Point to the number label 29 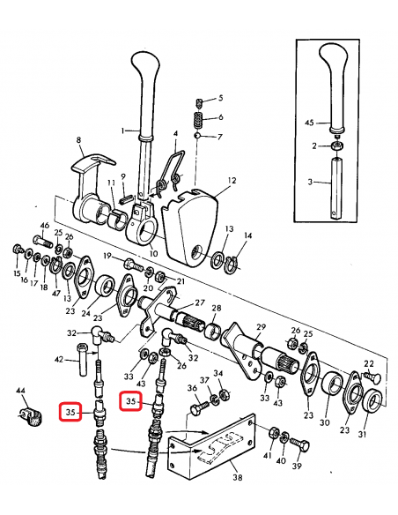260,327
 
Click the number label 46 44,228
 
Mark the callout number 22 370,363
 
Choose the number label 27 200,302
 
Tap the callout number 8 78,140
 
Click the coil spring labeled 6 199,117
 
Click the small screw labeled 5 199,99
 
